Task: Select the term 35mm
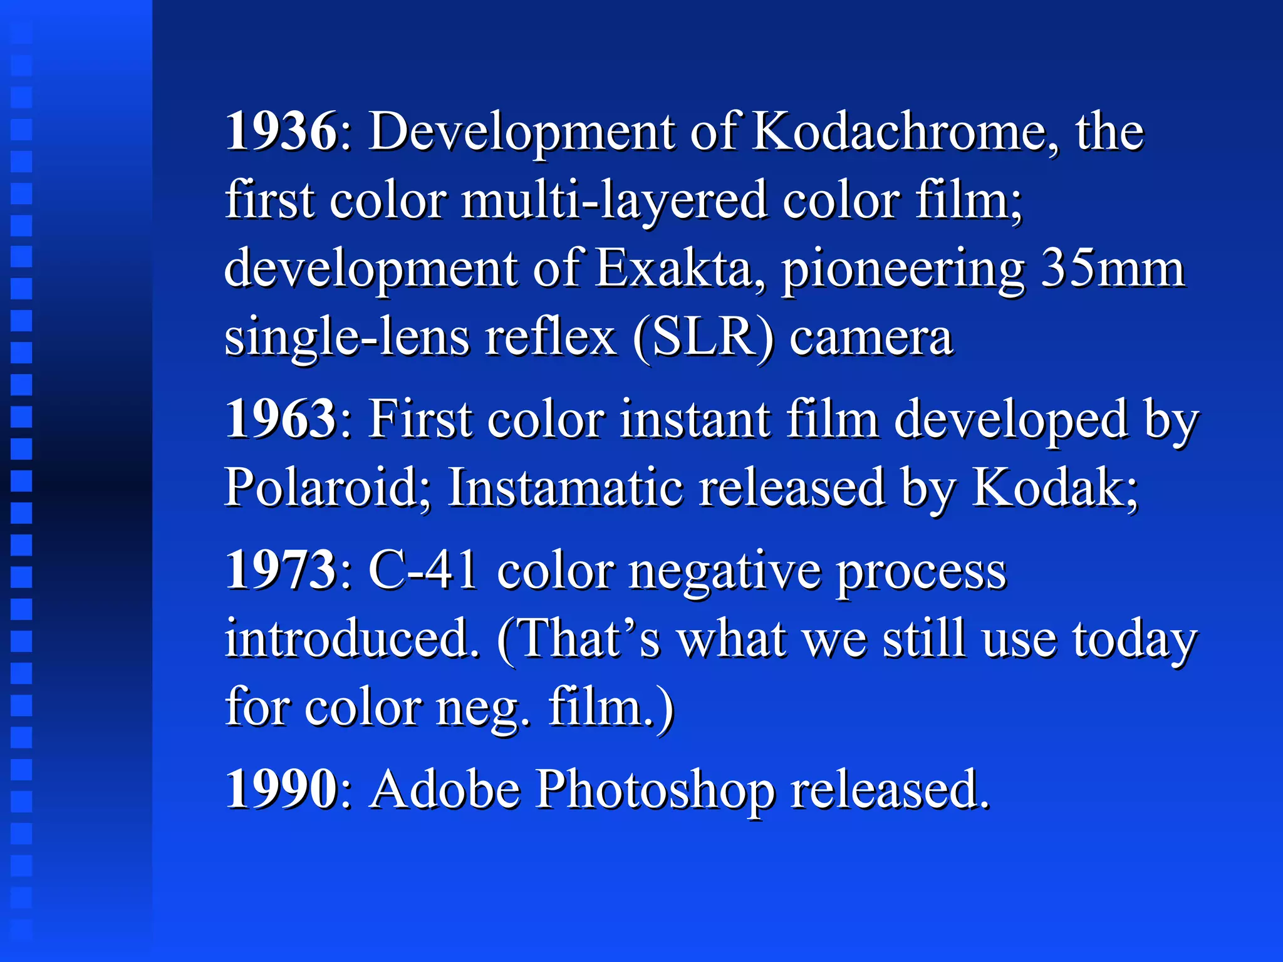pos(1113,269)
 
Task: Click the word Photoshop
pos(655,790)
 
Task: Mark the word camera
pos(871,338)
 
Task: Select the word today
pos(1135,640)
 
